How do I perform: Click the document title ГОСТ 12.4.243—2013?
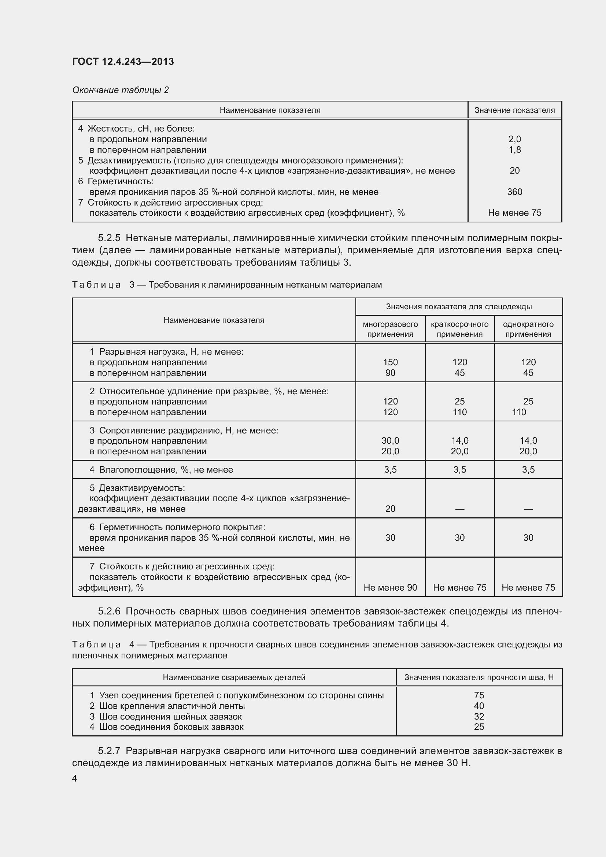[x=123, y=62]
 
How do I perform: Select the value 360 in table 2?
[x=514, y=192]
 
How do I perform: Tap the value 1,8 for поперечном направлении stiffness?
[x=514, y=150]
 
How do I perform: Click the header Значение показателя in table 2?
[x=514, y=110]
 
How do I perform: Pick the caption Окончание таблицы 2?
[x=120, y=90]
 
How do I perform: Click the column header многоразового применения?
[x=390, y=329]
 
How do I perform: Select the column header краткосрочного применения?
[x=459, y=329]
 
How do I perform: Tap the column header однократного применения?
[x=528, y=329]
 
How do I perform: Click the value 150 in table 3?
[x=390, y=362]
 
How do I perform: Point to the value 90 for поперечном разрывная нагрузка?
[x=390, y=373]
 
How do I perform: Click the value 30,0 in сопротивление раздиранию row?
[x=390, y=440]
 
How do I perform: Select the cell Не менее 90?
[x=390, y=587]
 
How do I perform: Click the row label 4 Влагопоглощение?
[x=161, y=470]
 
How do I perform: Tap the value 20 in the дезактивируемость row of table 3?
[x=390, y=509]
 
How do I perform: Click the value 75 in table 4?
[x=479, y=695]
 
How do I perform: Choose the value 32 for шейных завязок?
[x=479, y=716]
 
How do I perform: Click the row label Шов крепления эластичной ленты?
[x=171, y=706]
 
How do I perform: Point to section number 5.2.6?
[x=109, y=612]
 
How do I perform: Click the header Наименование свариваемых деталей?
[x=234, y=677]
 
